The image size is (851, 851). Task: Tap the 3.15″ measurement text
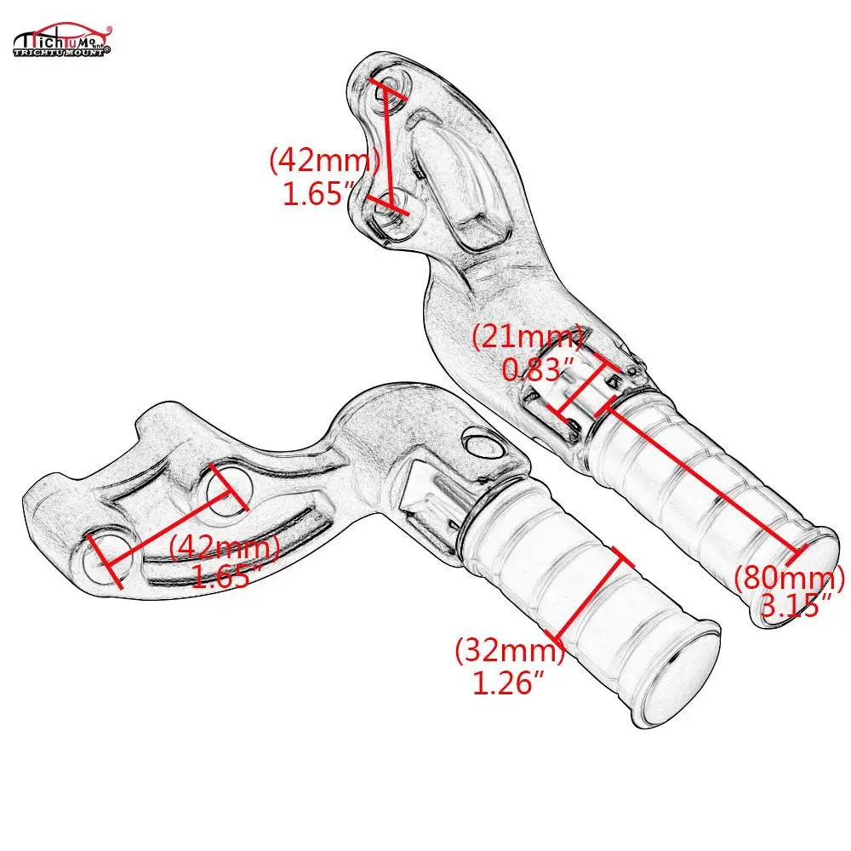796,606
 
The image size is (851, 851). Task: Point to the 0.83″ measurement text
539,371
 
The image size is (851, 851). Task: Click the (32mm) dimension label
510,652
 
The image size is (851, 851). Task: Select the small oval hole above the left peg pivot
482,443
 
